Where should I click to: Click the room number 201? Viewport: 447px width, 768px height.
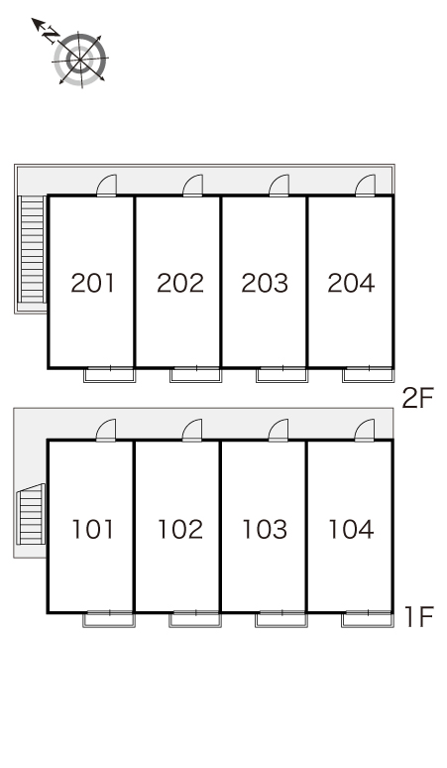(93, 283)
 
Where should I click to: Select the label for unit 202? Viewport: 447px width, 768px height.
(180, 283)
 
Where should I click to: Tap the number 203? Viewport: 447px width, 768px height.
(265, 283)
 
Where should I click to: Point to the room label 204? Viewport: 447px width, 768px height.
(351, 283)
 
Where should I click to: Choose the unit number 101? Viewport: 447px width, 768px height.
(93, 529)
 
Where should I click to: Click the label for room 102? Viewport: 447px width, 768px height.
(180, 529)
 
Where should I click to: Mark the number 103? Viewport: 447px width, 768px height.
(265, 529)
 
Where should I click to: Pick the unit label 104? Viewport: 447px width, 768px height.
(351, 529)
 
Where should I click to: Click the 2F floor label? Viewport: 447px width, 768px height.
(417, 398)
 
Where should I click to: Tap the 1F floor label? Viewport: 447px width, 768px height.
(419, 616)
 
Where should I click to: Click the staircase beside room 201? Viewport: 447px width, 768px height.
(33, 250)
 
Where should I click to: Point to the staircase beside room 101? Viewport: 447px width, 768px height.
(31, 514)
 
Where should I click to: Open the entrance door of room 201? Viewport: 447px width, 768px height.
(107, 186)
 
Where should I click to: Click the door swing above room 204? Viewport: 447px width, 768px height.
(366, 186)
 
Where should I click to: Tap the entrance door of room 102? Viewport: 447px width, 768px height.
(192, 431)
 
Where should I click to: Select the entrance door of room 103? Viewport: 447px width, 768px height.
(279, 431)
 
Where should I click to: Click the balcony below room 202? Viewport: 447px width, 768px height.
(195, 375)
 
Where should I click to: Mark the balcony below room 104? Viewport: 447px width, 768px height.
(368, 619)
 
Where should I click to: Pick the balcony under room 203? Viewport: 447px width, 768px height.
(281, 375)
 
